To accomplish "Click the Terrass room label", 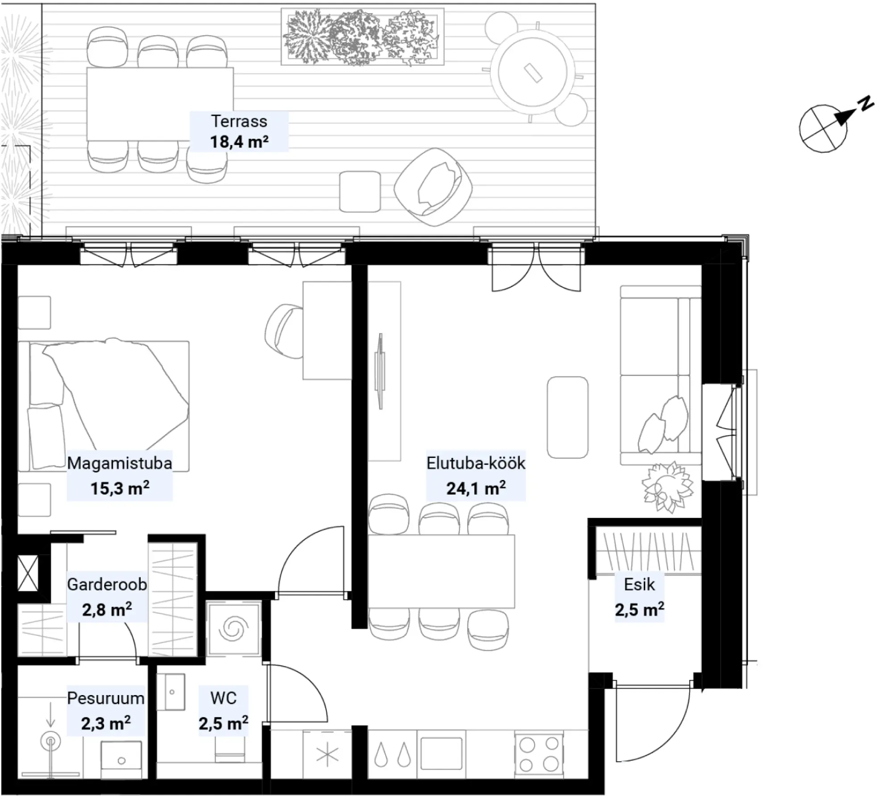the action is click(239, 121).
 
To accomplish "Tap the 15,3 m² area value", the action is click(120, 488).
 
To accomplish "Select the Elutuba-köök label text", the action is click(476, 463).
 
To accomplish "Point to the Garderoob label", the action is click(107, 584).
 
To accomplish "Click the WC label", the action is click(223, 698).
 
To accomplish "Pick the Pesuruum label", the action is click(106, 698).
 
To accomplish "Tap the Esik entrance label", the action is click(639, 584).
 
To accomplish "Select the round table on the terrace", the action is click(532, 72).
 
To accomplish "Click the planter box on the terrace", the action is click(363, 37).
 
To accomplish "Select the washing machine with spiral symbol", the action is click(233, 629).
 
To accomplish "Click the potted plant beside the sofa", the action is click(668, 487).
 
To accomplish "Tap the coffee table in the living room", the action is click(568, 417).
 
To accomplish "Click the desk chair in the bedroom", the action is click(284, 331).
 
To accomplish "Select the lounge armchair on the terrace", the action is click(433, 187).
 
